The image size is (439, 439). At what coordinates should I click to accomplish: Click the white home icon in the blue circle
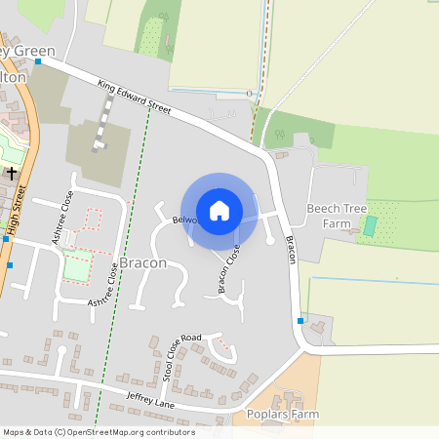click(219, 211)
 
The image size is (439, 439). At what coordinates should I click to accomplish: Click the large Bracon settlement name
click(143, 264)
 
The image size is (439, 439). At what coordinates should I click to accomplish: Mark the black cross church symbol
click(12, 173)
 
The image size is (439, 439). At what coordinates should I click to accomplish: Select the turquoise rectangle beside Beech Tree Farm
click(370, 225)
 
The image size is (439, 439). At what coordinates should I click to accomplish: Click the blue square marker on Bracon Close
click(237, 245)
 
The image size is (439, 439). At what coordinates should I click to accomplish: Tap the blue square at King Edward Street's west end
click(38, 60)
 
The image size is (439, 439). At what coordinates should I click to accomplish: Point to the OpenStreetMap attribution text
click(98, 432)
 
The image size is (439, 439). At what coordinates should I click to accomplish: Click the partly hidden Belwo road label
click(183, 220)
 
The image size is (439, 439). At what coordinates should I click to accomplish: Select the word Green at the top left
click(35, 51)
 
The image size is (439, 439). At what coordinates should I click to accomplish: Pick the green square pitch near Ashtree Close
click(77, 266)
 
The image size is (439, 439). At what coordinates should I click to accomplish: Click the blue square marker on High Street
click(9, 264)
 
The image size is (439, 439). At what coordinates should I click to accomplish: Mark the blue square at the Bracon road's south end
click(299, 320)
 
